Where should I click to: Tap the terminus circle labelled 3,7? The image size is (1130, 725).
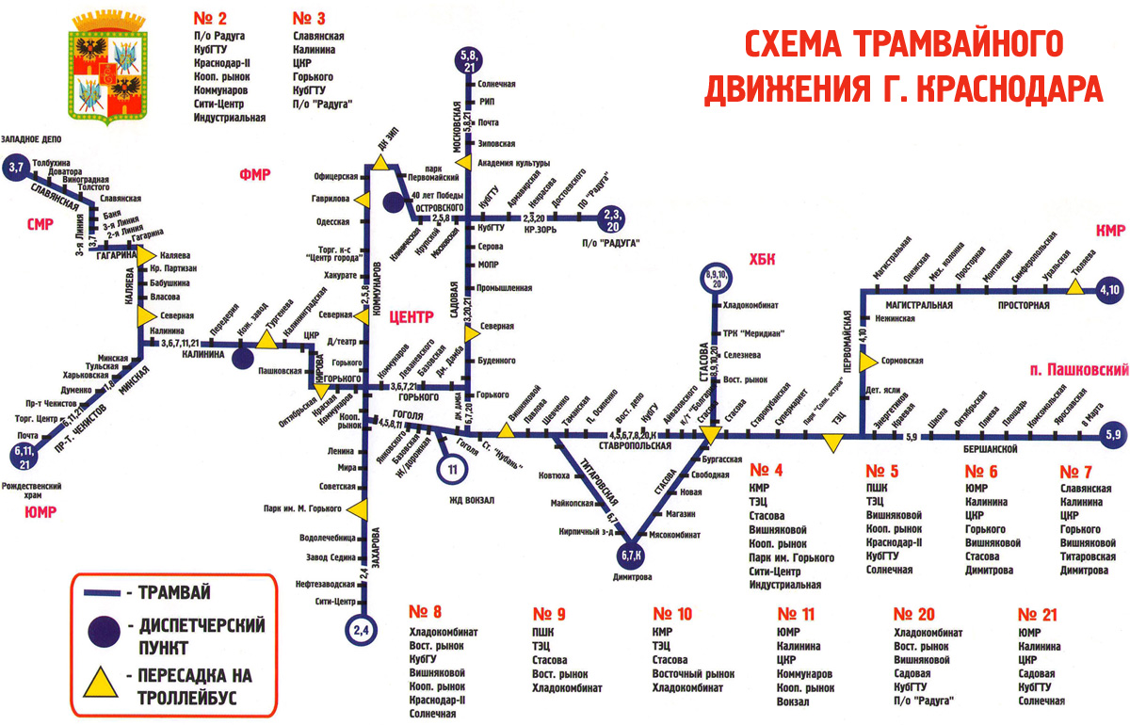[x=16, y=168]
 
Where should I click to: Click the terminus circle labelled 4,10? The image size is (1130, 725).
[x=1109, y=290]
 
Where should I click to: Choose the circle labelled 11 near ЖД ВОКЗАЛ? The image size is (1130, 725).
[x=453, y=468]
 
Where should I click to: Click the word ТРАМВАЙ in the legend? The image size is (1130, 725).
[x=173, y=592]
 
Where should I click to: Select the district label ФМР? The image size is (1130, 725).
[x=255, y=174]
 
